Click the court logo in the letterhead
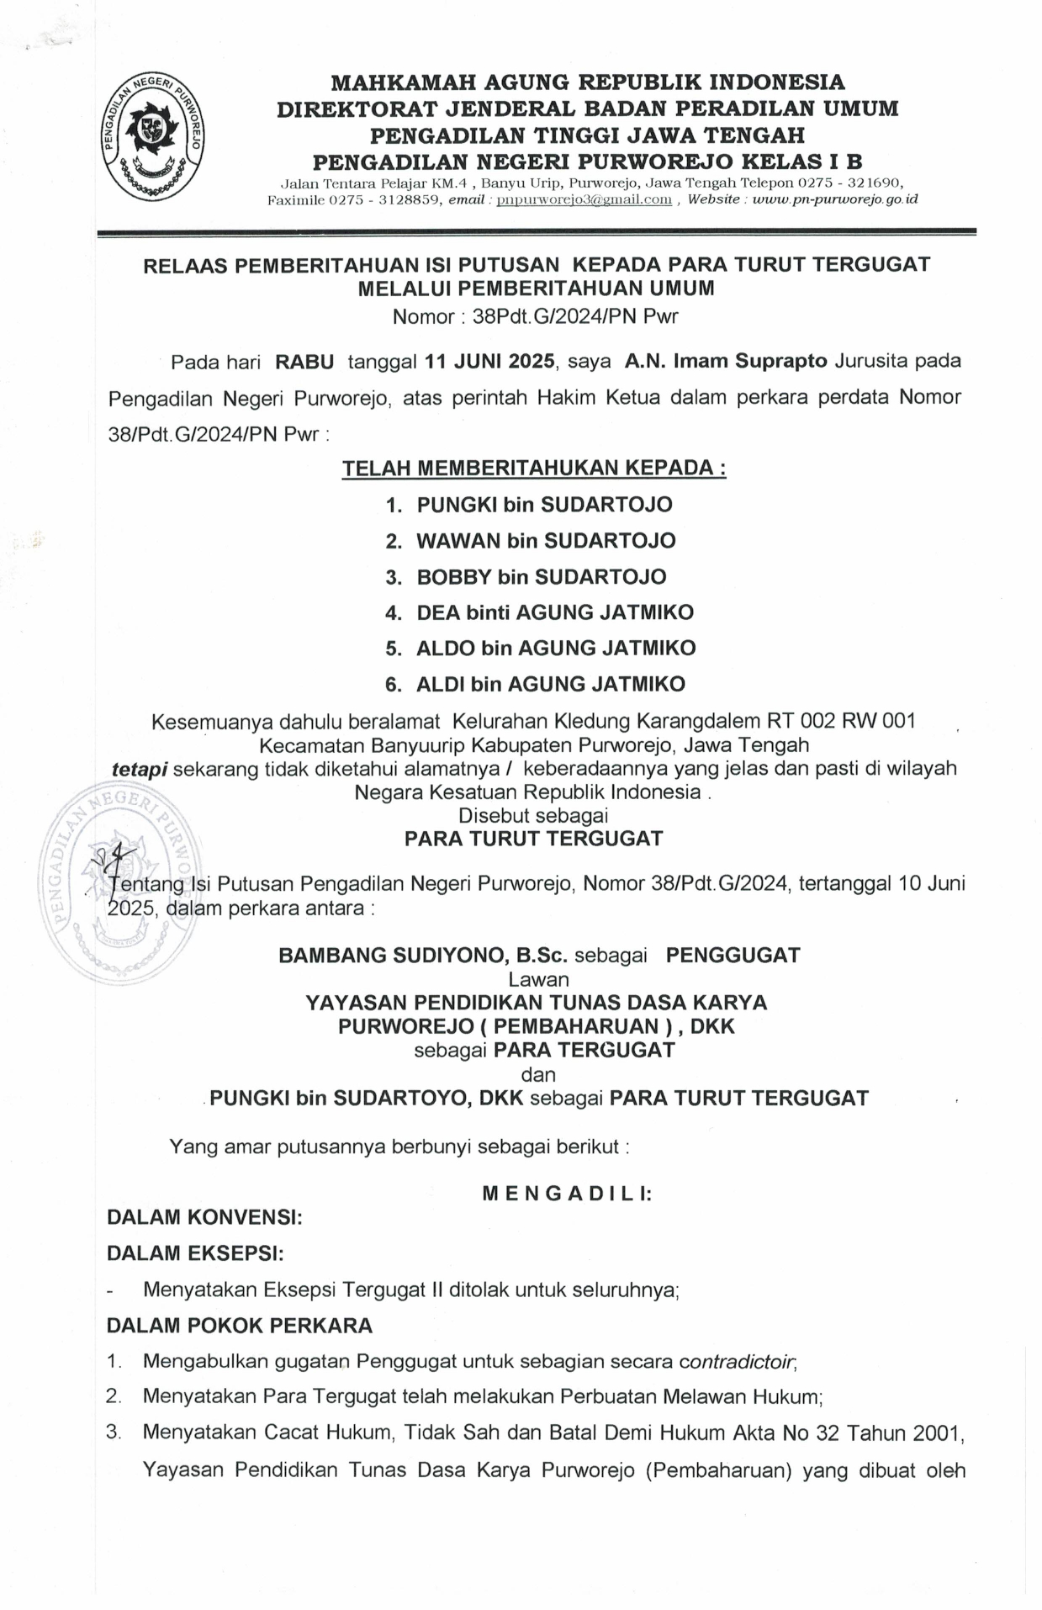click(x=153, y=136)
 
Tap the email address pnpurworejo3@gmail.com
click(x=584, y=199)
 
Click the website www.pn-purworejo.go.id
click(x=835, y=199)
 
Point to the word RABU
click(x=304, y=362)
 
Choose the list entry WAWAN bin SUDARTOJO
click(x=546, y=541)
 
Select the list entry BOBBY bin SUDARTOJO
click(x=541, y=577)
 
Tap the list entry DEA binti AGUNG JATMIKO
click(x=555, y=612)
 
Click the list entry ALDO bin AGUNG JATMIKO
click(x=556, y=649)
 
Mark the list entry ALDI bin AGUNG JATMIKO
click(x=551, y=684)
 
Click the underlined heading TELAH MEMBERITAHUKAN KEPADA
click(x=533, y=469)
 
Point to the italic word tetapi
click(x=140, y=768)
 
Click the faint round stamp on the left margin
click(x=118, y=883)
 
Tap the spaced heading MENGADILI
click(x=567, y=1194)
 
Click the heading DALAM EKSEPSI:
click(x=195, y=1253)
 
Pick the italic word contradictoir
click(x=738, y=1361)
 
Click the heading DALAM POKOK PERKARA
click(x=240, y=1326)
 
